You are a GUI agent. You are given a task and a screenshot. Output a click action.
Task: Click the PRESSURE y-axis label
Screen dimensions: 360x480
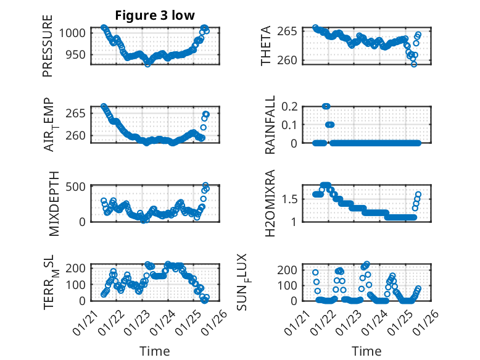[x=48, y=46]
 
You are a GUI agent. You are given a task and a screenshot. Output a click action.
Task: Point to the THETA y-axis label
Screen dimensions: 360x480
[x=266, y=46]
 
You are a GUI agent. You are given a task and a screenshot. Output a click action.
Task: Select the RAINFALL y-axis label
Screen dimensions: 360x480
[x=270, y=125]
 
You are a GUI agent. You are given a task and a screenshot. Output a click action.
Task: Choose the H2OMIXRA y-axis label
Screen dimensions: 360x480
[x=270, y=203]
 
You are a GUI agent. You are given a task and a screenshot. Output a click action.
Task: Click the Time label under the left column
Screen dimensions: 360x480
[x=155, y=351]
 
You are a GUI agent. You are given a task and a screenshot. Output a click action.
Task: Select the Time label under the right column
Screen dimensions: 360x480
[x=366, y=351]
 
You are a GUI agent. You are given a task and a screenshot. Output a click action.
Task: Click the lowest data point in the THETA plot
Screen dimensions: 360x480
[x=414, y=64]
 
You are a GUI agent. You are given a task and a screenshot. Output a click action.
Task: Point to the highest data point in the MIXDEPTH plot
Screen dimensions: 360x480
[x=205, y=185]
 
